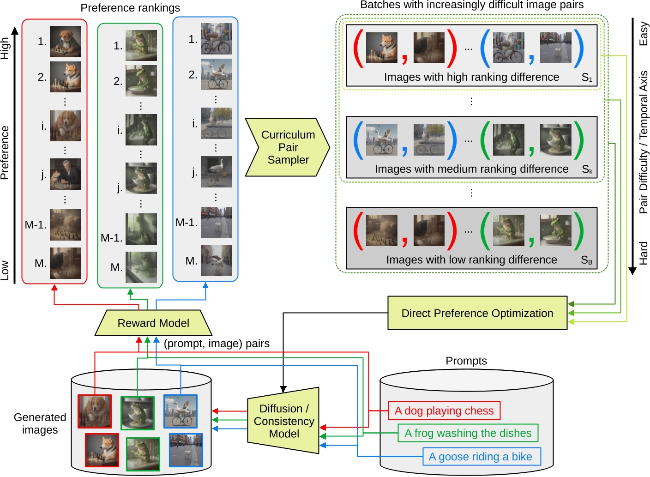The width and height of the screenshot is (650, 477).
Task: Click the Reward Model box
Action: pyautogui.click(x=153, y=323)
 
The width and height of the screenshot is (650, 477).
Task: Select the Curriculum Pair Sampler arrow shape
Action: pyautogui.click(x=288, y=147)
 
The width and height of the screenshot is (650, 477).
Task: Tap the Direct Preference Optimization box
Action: pyautogui.click(x=477, y=313)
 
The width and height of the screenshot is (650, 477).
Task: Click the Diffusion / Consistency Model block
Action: pyautogui.click(x=284, y=421)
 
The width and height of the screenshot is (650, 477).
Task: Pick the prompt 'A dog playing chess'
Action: pyautogui.click(x=444, y=411)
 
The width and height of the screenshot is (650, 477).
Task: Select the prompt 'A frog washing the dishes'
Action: pyautogui.click(x=468, y=433)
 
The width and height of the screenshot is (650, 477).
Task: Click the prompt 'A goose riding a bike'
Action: pyautogui.click(x=481, y=457)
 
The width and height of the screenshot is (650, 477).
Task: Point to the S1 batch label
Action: pyautogui.click(x=587, y=78)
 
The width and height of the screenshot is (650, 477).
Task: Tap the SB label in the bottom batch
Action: pyautogui.click(x=586, y=260)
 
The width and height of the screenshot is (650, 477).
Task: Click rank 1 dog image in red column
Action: pyautogui.click(x=66, y=42)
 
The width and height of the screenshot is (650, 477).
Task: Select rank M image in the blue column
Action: pyautogui.click(x=216, y=261)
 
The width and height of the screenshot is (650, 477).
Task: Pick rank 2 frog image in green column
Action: pyautogui.click(x=141, y=81)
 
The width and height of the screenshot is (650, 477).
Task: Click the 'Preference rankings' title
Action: pyautogui.click(x=130, y=8)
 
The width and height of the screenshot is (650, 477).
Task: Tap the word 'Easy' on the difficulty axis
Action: pyautogui.click(x=643, y=34)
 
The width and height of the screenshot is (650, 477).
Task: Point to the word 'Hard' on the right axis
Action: pyautogui.click(x=643, y=253)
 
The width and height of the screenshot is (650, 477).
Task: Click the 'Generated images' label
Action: pyautogui.click(x=40, y=423)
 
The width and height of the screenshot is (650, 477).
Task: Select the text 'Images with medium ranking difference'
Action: pyautogui.click(x=471, y=169)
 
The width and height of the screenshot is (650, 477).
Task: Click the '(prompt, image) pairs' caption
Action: pyautogui.click(x=217, y=344)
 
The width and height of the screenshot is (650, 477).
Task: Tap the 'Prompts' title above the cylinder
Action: pyautogui.click(x=466, y=361)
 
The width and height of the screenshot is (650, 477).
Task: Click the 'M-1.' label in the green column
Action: pyautogui.click(x=112, y=238)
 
